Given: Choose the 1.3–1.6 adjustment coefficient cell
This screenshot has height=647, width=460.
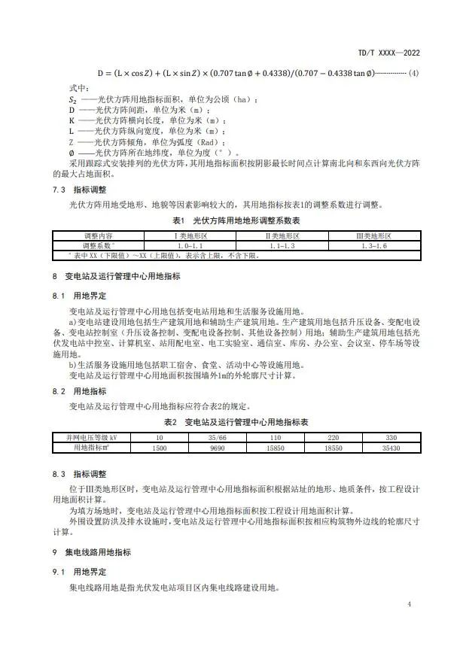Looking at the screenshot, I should tap(374, 245).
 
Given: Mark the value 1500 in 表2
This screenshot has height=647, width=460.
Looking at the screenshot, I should tap(159, 447).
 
